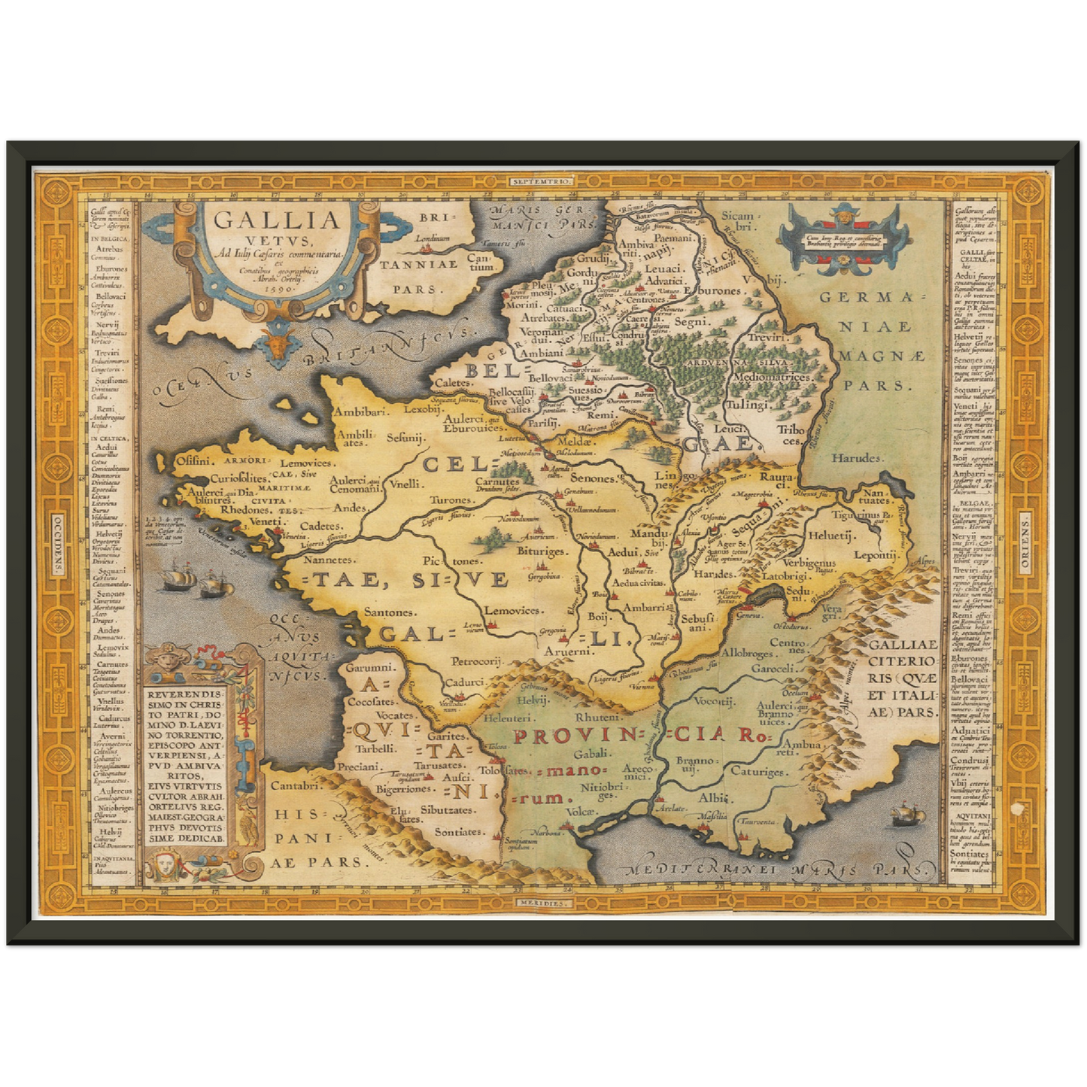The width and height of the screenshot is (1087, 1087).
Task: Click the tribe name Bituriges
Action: pyautogui.click(x=540, y=551)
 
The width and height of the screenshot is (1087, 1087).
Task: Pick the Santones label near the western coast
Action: pyautogui.click(x=389, y=612)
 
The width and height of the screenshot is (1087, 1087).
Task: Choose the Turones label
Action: pyautogui.click(x=451, y=499)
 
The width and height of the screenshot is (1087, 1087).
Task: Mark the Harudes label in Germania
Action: pyautogui.click(x=856, y=457)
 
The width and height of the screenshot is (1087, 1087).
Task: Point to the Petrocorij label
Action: pyautogui.click(x=476, y=661)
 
